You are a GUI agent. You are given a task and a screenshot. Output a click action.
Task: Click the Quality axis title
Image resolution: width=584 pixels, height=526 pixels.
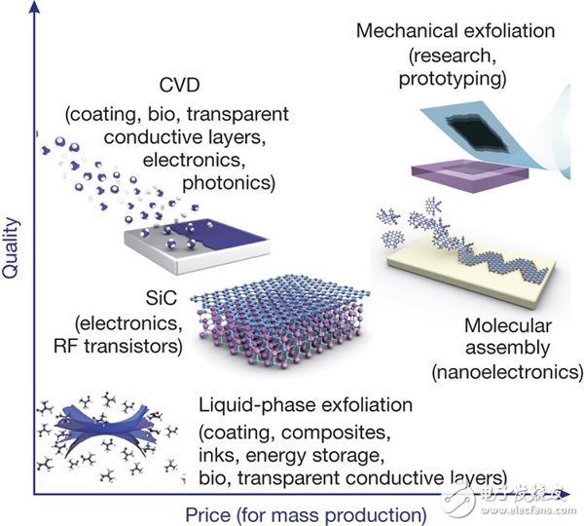coord(10,247)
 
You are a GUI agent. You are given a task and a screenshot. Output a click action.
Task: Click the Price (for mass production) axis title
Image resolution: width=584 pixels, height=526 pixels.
coord(306,515)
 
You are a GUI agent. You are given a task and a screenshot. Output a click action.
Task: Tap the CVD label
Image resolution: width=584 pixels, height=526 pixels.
coord(179,86)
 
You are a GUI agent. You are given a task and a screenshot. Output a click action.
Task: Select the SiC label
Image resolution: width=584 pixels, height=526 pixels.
coord(162,298)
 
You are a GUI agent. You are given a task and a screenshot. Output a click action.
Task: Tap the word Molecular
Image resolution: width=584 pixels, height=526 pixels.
coord(508,325)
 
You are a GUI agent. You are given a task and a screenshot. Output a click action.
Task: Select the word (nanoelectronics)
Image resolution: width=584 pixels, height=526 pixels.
coord(508,371)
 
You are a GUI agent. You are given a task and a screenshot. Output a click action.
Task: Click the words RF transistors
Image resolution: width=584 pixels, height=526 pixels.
coord(119,346)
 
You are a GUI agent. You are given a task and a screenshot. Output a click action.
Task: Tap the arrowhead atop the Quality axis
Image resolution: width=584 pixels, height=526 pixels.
coord(34,7)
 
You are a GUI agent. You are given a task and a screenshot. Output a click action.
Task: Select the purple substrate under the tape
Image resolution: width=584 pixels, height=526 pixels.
coord(470,175)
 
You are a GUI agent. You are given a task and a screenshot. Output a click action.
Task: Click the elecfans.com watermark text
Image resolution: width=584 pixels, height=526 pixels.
coord(529,509)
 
